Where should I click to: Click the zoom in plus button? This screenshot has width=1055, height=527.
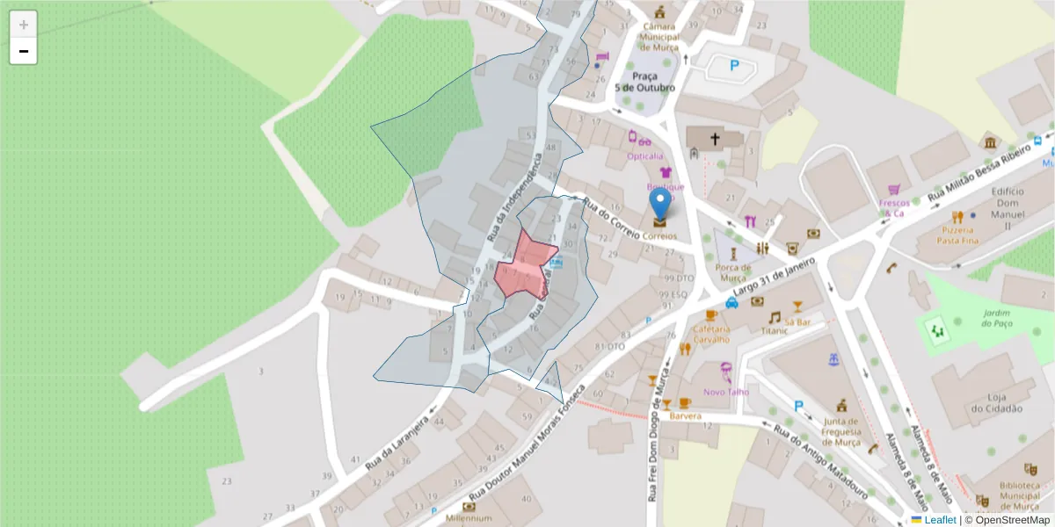[24, 25]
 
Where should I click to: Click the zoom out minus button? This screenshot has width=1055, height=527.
[24, 52]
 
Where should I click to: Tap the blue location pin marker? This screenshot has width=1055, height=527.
[659, 205]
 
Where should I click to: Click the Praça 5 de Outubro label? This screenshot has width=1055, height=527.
[645, 82]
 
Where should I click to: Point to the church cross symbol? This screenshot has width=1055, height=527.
[715, 139]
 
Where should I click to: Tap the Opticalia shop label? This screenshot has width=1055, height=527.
[644, 156]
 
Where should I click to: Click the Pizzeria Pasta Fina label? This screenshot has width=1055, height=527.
[958, 234]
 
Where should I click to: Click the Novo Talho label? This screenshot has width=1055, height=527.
[726, 392]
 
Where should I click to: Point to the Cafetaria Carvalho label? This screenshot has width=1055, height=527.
[711, 333]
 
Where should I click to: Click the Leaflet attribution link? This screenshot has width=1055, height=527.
[940, 520]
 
